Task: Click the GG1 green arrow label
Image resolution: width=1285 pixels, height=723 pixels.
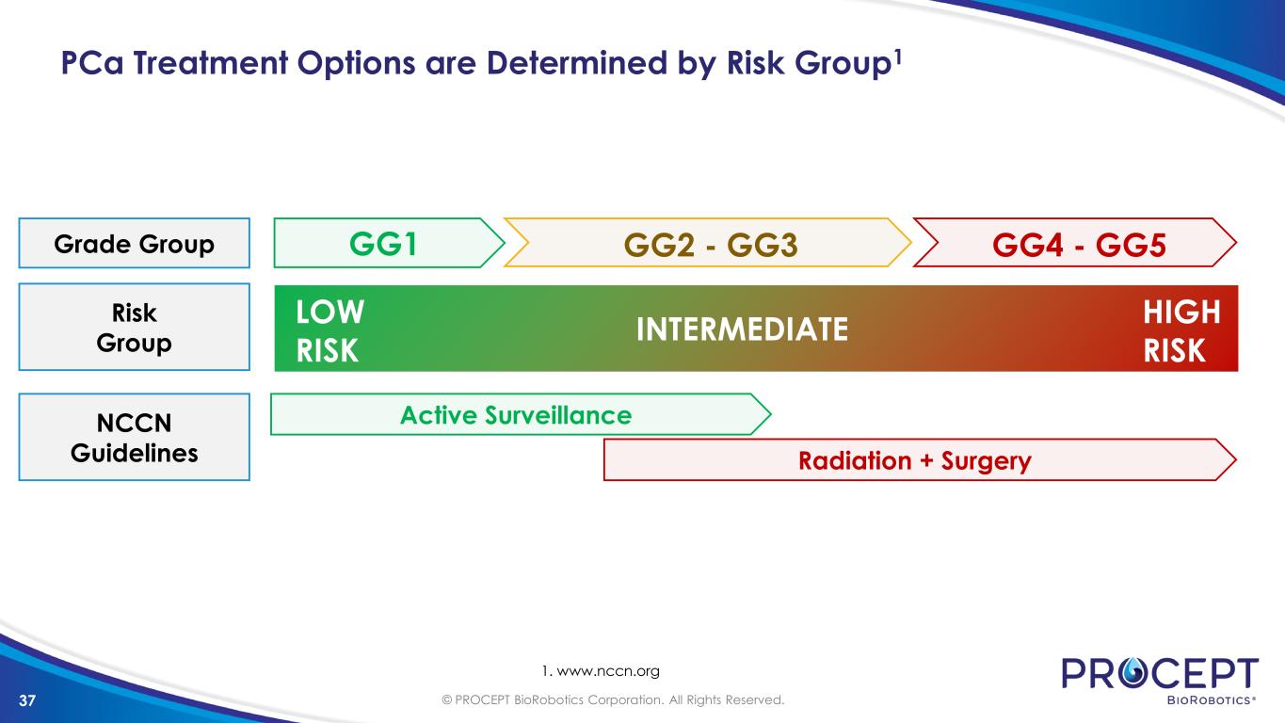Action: click(x=389, y=243)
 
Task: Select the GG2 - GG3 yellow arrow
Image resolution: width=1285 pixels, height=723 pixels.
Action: click(x=708, y=243)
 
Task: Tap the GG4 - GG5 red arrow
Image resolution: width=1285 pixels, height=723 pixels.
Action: click(x=1075, y=243)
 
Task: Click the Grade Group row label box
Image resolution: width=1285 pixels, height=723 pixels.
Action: click(x=135, y=243)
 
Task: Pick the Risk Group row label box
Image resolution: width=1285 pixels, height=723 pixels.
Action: click(x=135, y=327)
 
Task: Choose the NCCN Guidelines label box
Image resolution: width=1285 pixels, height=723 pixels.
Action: click(x=135, y=437)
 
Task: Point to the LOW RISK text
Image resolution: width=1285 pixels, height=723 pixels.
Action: click(x=329, y=331)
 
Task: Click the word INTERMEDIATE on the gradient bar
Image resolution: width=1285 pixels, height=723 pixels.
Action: click(x=742, y=329)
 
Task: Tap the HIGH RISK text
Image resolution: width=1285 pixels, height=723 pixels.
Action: click(x=1181, y=331)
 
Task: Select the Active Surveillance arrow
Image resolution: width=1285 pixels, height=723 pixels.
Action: click(x=521, y=414)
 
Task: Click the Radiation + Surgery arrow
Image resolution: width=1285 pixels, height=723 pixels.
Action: click(x=920, y=459)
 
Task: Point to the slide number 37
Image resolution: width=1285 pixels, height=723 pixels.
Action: click(x=27, y=700)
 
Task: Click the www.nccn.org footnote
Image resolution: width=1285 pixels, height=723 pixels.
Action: click(x=601, y=671)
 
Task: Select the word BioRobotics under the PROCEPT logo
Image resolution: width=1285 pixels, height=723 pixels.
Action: click(x=1211, y=700)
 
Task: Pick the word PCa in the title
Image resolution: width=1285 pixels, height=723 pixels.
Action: click(x=92, y=62)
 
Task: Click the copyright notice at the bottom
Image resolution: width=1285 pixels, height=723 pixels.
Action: click(x=613, y=700)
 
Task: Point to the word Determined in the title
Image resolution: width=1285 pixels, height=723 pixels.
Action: click(x=576, y=62)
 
